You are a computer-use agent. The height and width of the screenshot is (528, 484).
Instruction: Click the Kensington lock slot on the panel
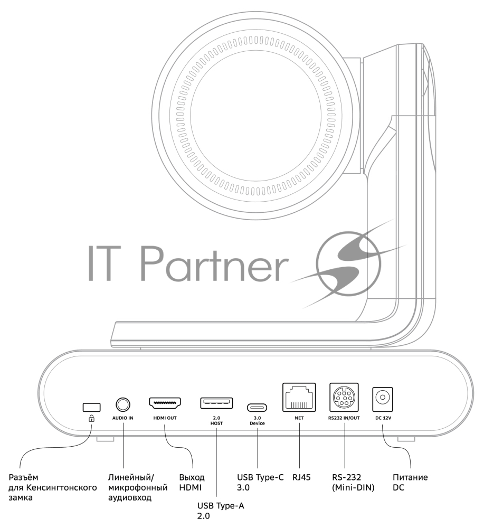[x=91, y=407]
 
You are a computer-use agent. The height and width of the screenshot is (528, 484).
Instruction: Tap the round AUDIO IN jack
[x=123, y=405]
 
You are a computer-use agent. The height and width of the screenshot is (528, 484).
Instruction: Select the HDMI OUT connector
[x=165, y=404]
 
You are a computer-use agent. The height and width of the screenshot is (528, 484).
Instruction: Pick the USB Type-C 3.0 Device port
[x=257, y=408]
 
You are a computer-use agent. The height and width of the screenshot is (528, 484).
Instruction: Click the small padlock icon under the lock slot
[x=91, y=418]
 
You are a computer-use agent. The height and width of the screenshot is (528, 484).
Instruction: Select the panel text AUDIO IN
[x=123, y=417]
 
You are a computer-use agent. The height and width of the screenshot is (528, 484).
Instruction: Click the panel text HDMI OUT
[x=165, y=417]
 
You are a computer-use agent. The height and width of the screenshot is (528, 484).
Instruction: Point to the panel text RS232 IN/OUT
[x=344, y=417]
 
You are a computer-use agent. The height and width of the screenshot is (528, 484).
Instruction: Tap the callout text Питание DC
[x=410, y=482]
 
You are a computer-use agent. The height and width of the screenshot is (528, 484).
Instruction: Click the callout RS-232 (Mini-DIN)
[x=353, y=482]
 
